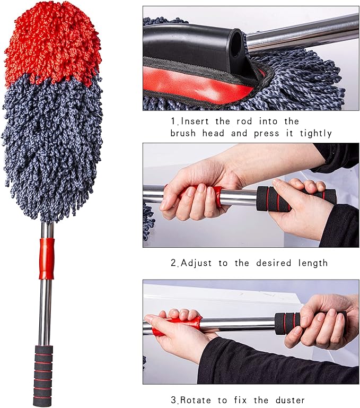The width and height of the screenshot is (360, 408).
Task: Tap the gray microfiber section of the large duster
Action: (x=53, y=149)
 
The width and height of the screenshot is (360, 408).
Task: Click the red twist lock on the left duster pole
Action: (x=47, y=258)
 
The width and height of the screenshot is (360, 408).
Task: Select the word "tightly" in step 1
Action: (x=313, y=133)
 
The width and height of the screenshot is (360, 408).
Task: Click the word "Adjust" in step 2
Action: (x=199, y=263)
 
